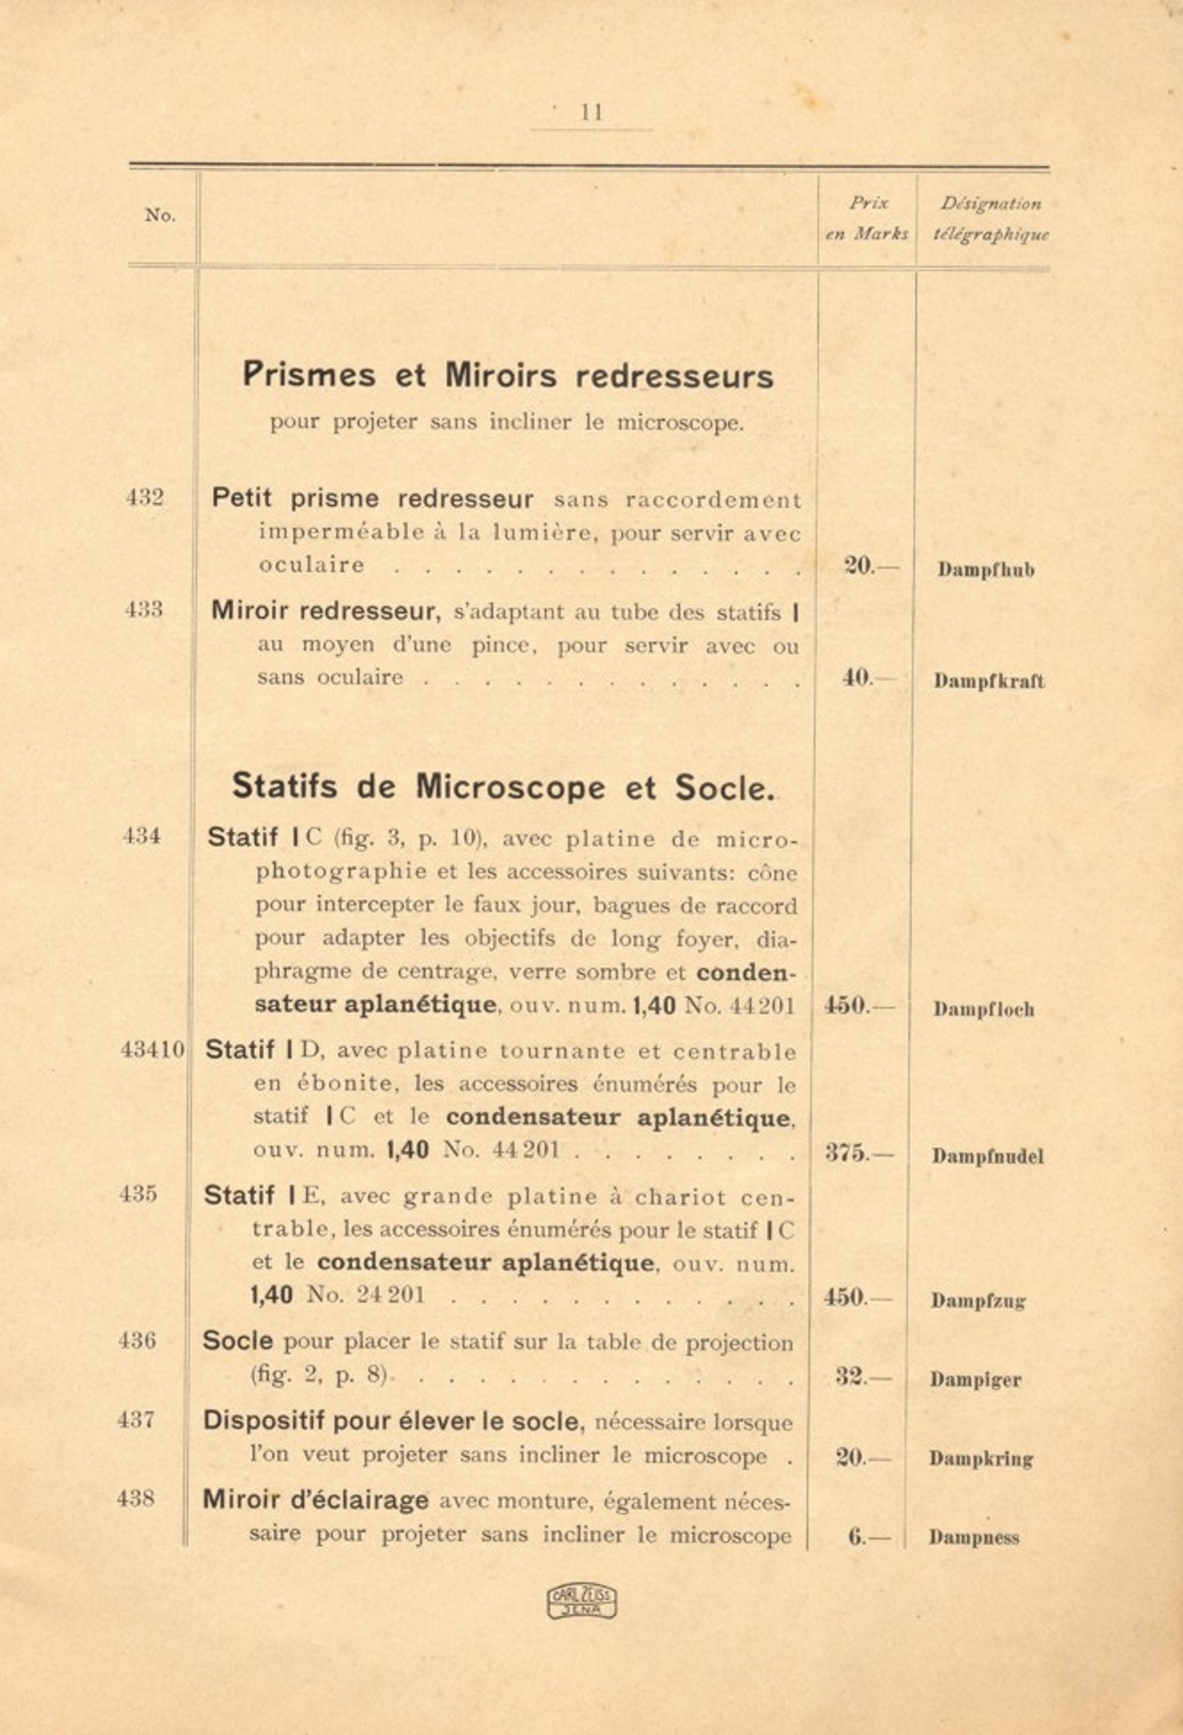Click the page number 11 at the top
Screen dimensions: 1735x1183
pyautogui.click(x=592, y=113)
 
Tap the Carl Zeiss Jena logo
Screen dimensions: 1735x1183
pyautogui.click(x=582, y=1601)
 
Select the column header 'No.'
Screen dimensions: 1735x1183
pyautogui.click(x=160, y=215)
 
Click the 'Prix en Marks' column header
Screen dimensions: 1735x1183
pyautogui.click(x=867, y=218)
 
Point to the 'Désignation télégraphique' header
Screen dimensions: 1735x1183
pyautogui.click(x=991, y=218)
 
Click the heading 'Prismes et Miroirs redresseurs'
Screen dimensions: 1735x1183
pyautogui.click(x=508, y=375)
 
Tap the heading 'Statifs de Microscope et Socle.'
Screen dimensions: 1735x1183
pyautogui.click(x=503, y=787)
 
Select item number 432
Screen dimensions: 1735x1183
pyautogui.click(x=145, y=497)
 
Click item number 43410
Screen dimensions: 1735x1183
pyautogui.click(x=152, y=1049)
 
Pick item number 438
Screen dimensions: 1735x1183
pyautogui.click(x=136, y=1498)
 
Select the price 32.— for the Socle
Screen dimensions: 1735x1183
pyautogui.click(x=863, y=1377)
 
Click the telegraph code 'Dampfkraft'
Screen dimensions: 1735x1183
pyautogui.click(x=989, y=681)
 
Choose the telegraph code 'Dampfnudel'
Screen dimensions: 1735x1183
pyautogui.click(x=987, y=1156)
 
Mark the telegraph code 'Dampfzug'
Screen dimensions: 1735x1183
pyautogui.click(x=978, y=1301)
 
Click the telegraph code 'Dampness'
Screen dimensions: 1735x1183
pyautogui.click(x=974, y=1537)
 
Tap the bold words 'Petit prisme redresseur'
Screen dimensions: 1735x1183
pyautogui.click(x=372, y=499)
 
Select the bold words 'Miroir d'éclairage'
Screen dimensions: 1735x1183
pyautogui.click(x=315, y=1500)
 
